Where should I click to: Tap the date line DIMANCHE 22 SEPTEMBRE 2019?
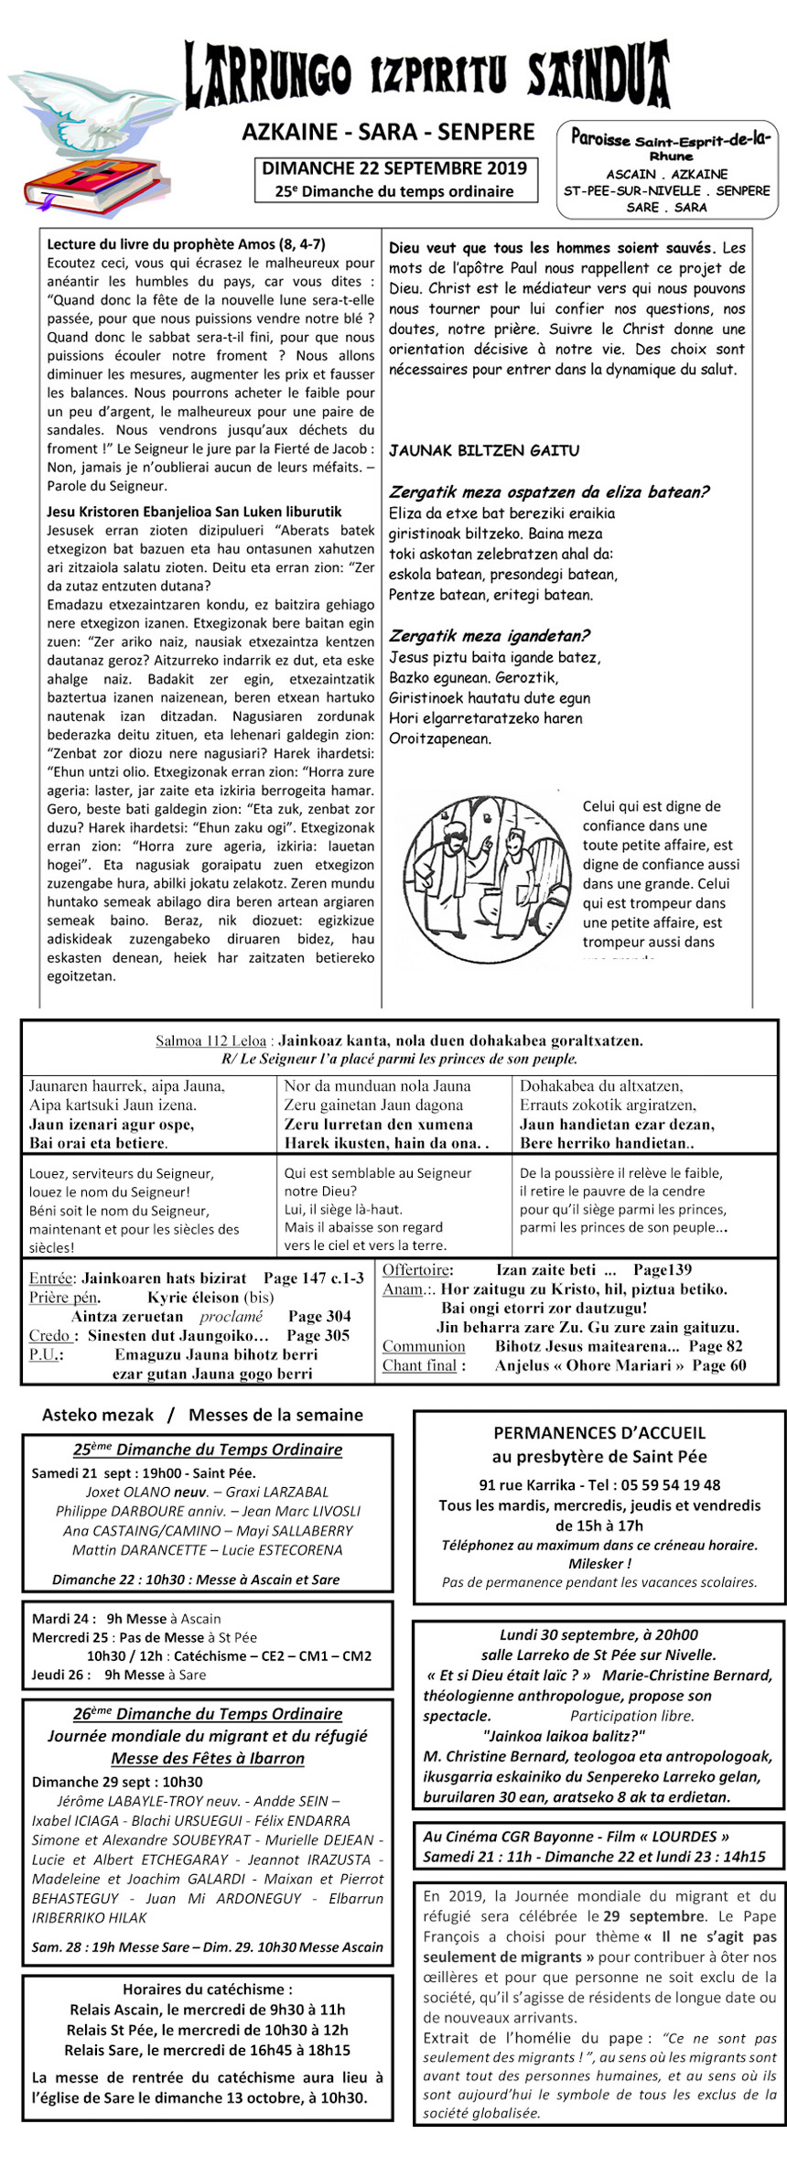point(394,168)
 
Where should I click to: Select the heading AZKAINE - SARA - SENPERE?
point(388,133)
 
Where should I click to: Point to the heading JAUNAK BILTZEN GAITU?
point(484,451)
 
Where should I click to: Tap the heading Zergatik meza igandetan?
point(489,636)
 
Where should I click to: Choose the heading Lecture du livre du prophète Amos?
point(186,244)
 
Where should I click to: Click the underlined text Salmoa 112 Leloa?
point(210,1040)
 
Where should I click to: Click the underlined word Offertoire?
point(417,1270)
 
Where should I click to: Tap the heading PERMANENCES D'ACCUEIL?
point(599,1433)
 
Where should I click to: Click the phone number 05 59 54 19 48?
point(668,1485)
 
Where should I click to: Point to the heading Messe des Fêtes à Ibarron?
point(208,1758)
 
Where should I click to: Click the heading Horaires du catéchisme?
point(208,1989)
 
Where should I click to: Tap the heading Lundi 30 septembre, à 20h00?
point(598,1635)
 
